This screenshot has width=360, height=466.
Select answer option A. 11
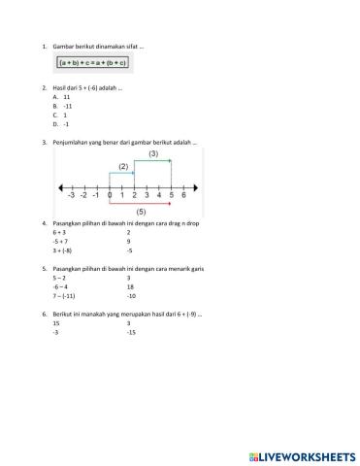(61, 98)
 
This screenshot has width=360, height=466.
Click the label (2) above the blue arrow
(123, 166)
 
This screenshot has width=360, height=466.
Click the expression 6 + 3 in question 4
(59, 233)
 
